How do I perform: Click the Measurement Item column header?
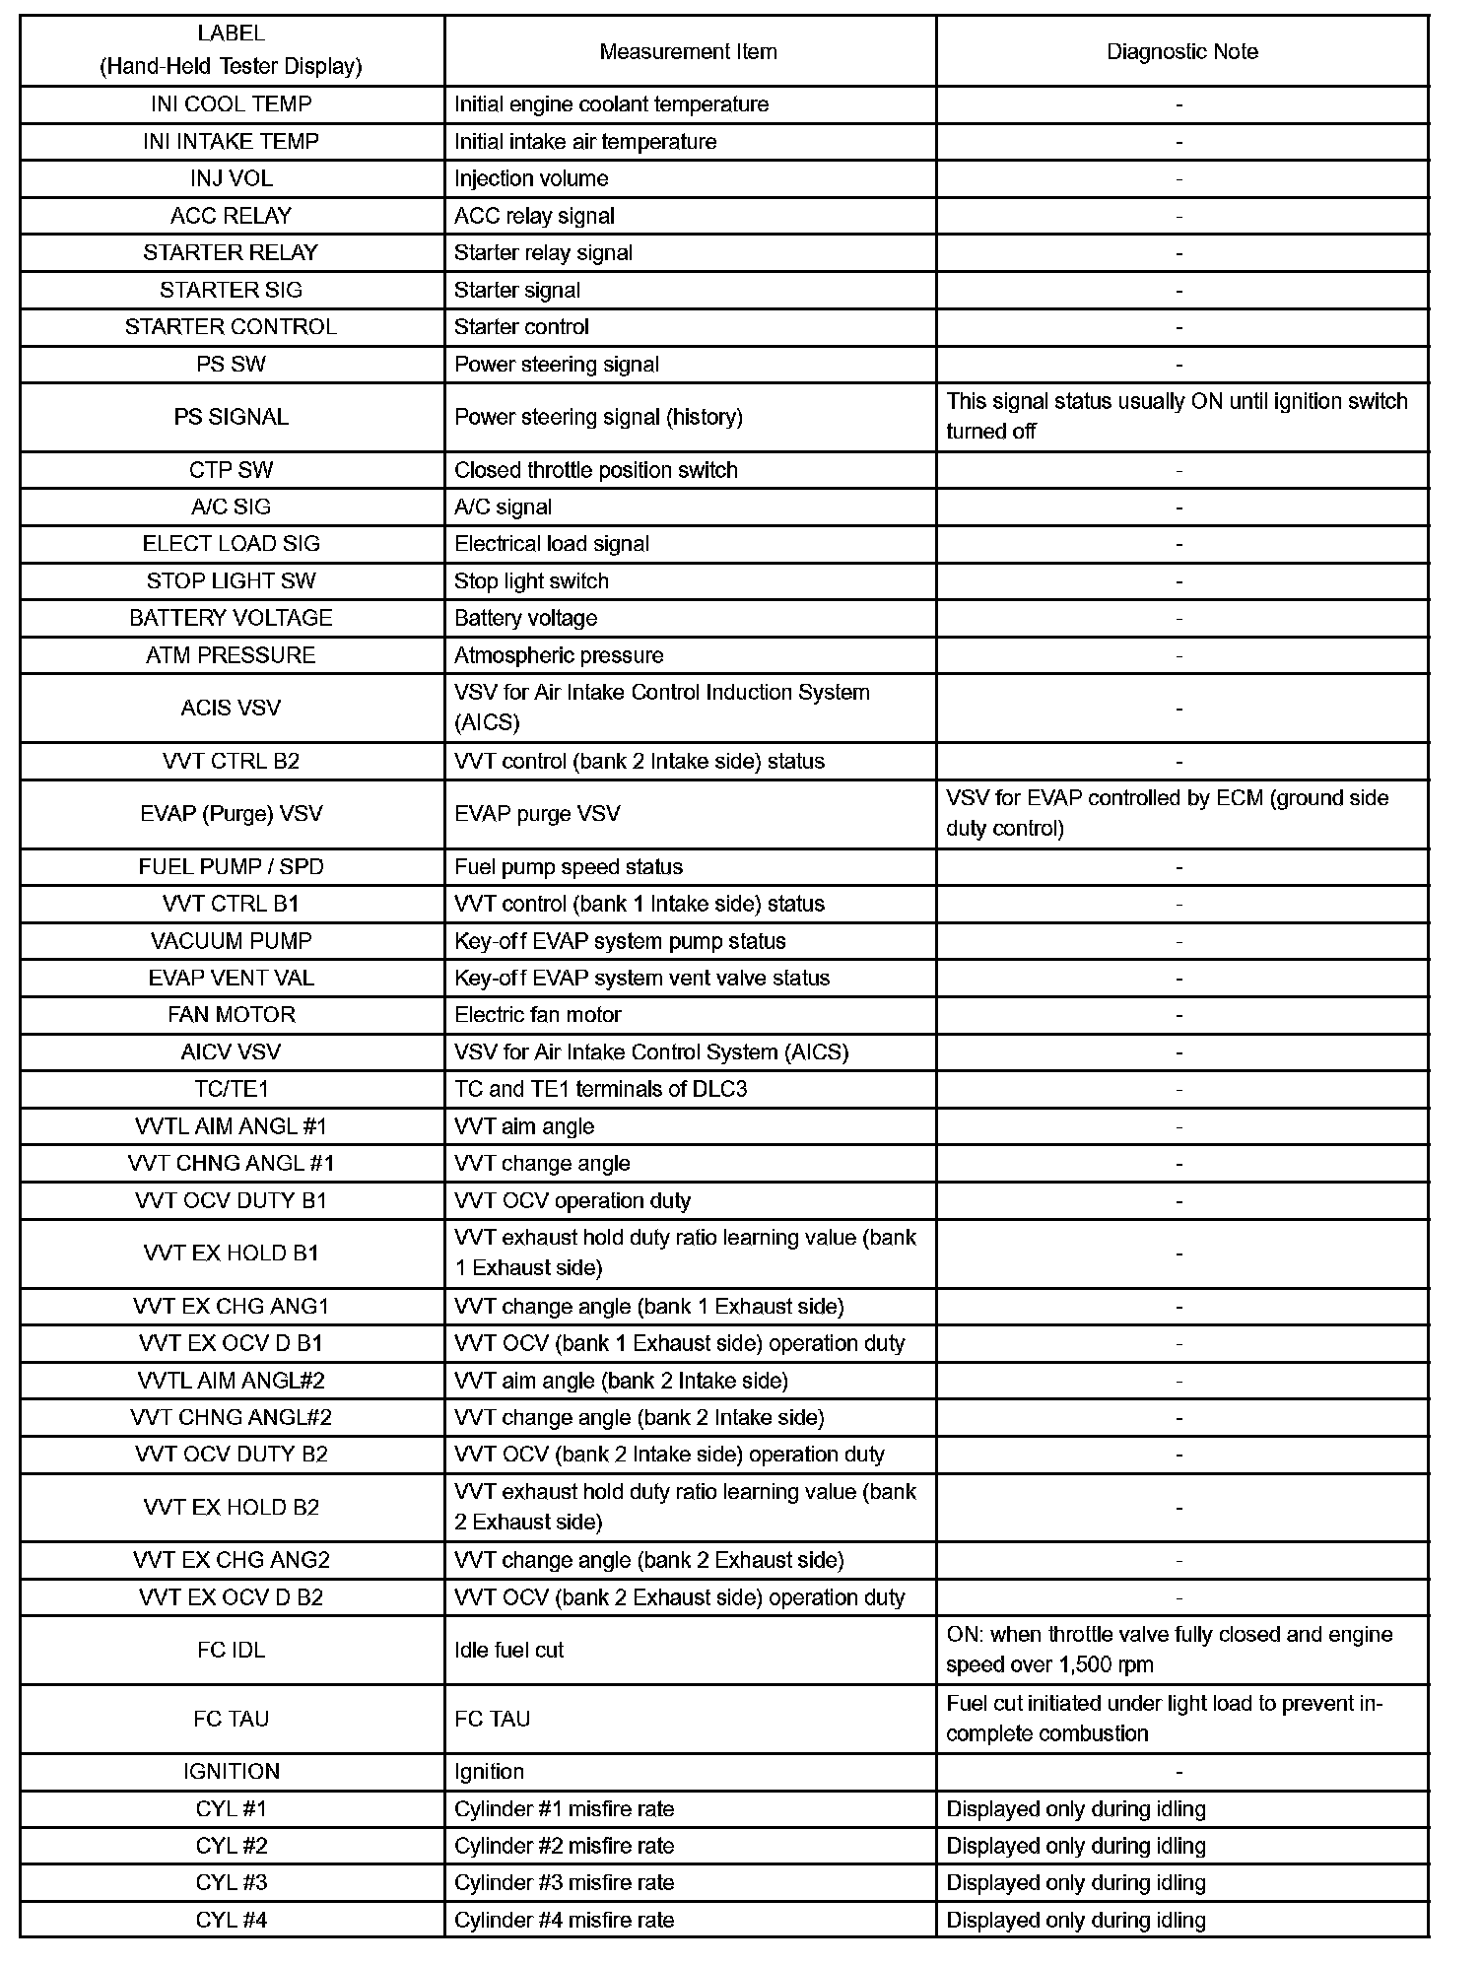(x=688, y=51)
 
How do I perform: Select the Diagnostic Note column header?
(x=1181, y=51)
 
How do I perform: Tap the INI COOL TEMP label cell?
(x=231, y=104)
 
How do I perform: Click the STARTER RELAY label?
(x=231, y=252)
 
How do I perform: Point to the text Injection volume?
(x=531, y=178)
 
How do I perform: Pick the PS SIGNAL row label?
(x=231, y=417)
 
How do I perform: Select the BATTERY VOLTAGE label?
(x=231, y=618)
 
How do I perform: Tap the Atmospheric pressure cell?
(x=559, y=655)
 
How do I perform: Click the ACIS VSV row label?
(x=231, y=708)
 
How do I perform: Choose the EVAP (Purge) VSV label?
(x=231, y=813)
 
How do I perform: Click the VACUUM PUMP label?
(x=231, y=941)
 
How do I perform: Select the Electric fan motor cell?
(x=538, y=1015)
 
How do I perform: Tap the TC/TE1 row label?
(x=231, y=1089)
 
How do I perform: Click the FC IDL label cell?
(x=231, y=1650)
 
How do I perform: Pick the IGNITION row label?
(x=231, y=1771)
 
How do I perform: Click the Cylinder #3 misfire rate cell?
(x=564, y=1882)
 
